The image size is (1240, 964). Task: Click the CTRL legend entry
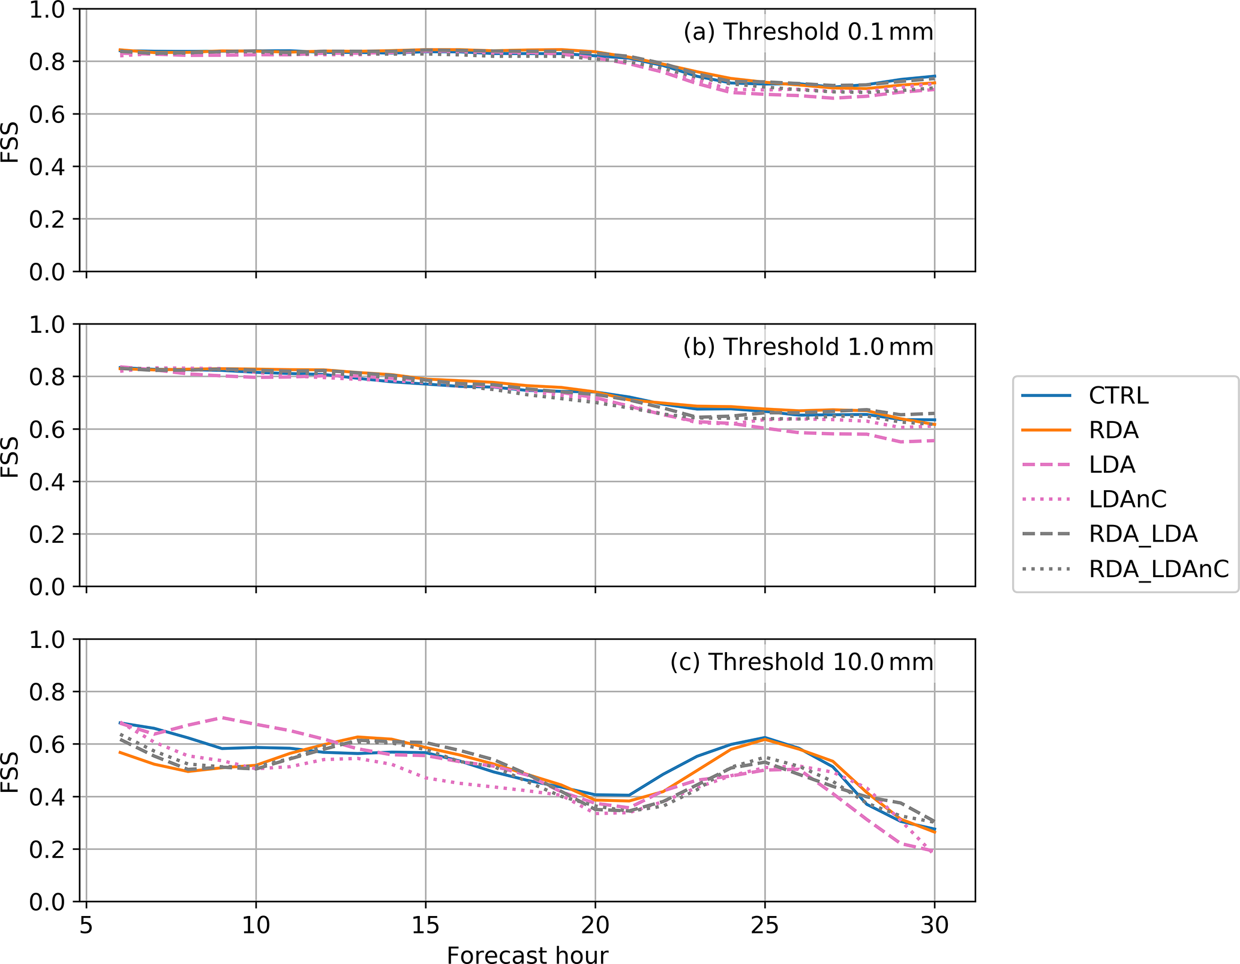(1118, 396)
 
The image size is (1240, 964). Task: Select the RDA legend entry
(1113, 430)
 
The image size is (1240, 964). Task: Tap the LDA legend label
(1112, 465)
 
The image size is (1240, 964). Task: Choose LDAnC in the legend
(1128, 499)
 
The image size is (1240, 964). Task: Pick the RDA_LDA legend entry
(1143, 534)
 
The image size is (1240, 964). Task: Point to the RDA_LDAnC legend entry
(1158, 569)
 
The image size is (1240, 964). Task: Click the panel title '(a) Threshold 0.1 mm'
(808, 32)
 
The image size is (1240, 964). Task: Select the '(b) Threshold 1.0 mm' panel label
(808, 347)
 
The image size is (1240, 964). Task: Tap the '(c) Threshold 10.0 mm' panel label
(801, 662)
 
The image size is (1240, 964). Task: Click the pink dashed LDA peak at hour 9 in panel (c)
(222, 717)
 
